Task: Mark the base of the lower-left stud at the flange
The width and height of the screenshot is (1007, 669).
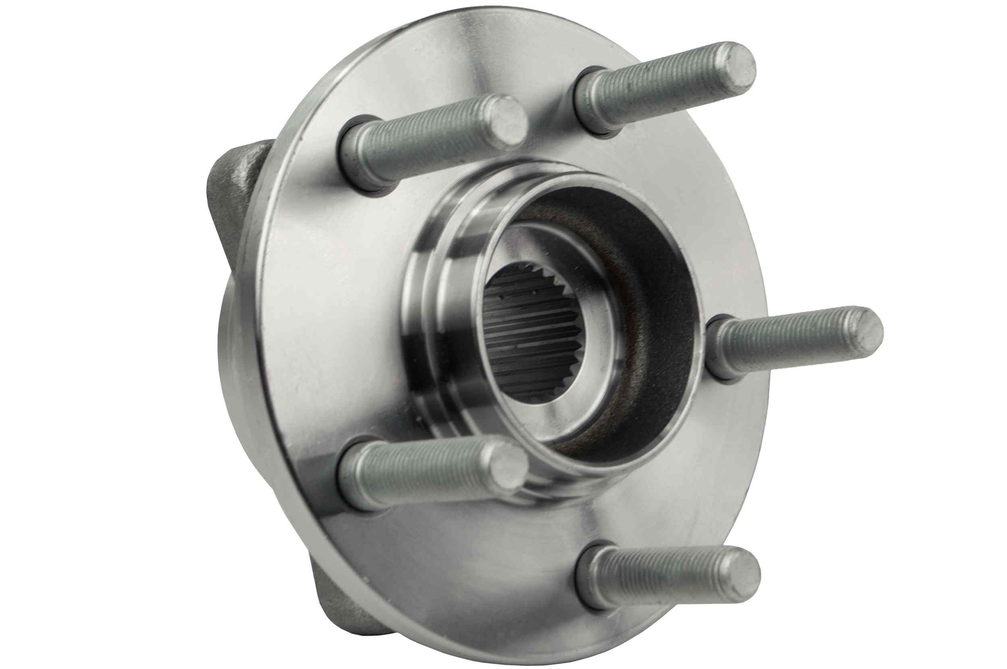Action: (x=358, y=478)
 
